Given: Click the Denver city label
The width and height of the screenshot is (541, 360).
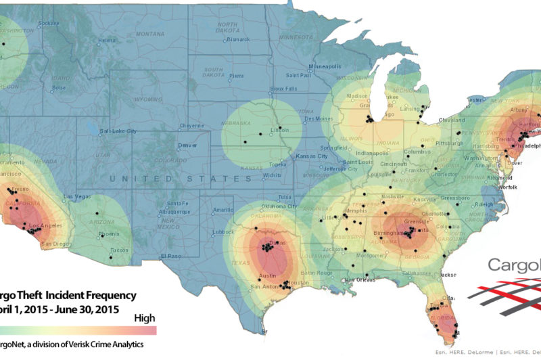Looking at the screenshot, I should [187, 145].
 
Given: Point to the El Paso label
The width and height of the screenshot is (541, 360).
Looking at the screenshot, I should [172, 256].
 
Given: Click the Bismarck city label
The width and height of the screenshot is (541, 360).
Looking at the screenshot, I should [238, 39].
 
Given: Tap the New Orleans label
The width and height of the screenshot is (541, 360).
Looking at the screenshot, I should [359, 279].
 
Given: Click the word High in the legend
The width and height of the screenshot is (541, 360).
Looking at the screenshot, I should [145, 318].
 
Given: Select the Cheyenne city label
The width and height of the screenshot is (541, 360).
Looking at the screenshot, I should [191, 125].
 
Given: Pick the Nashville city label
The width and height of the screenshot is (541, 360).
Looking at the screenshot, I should [392, 196].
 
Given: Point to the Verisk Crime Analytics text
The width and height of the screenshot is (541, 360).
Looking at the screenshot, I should [108, 345].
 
